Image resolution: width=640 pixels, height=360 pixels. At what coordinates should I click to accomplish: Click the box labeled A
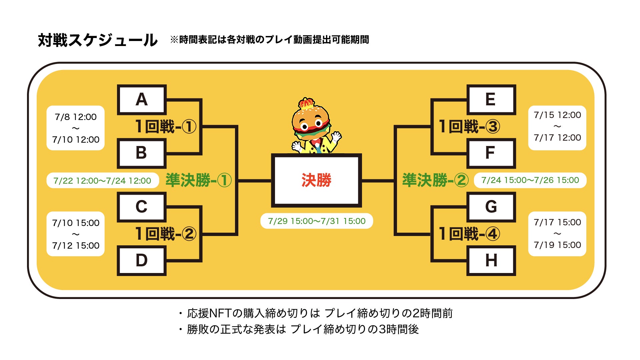(x=142, y=100)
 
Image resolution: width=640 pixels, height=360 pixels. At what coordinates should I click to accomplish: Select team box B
(x=142, y=153)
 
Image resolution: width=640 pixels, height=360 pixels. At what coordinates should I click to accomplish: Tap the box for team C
(x=142, y=207)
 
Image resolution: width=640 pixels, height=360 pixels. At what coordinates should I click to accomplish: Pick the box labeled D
(x=142, y=260)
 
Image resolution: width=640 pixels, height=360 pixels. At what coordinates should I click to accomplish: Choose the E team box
(x=491, y=100)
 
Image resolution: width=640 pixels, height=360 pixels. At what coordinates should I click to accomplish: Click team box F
(x=491, y=153)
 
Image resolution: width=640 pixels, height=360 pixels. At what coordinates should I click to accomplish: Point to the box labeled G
(x=491, y=207)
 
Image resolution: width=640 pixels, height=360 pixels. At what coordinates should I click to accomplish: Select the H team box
(x=491, y=260)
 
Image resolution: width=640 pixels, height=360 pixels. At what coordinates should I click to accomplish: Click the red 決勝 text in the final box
(x=316, y=180)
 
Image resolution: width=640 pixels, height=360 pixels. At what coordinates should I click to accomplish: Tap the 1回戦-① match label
(x=166, y=127)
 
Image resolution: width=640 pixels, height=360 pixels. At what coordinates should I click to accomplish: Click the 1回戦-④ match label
(x=469, y=234)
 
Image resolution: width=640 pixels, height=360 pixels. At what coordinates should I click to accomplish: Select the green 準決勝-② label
(x=435, y=180)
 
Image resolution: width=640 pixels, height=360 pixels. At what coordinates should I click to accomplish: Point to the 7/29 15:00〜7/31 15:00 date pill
(x=317, y=221)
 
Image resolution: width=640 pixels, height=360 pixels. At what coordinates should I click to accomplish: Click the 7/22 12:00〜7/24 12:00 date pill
(x=102, y=181)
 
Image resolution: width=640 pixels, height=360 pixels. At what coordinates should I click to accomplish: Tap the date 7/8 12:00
(x=76, y=117)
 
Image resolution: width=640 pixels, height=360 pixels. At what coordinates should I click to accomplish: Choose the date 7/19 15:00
(x=557, y=245)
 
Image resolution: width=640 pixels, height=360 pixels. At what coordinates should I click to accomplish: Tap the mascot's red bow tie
(x=316, y=141)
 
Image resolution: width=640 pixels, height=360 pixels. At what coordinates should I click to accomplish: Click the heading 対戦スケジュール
(x=98, y=40)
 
